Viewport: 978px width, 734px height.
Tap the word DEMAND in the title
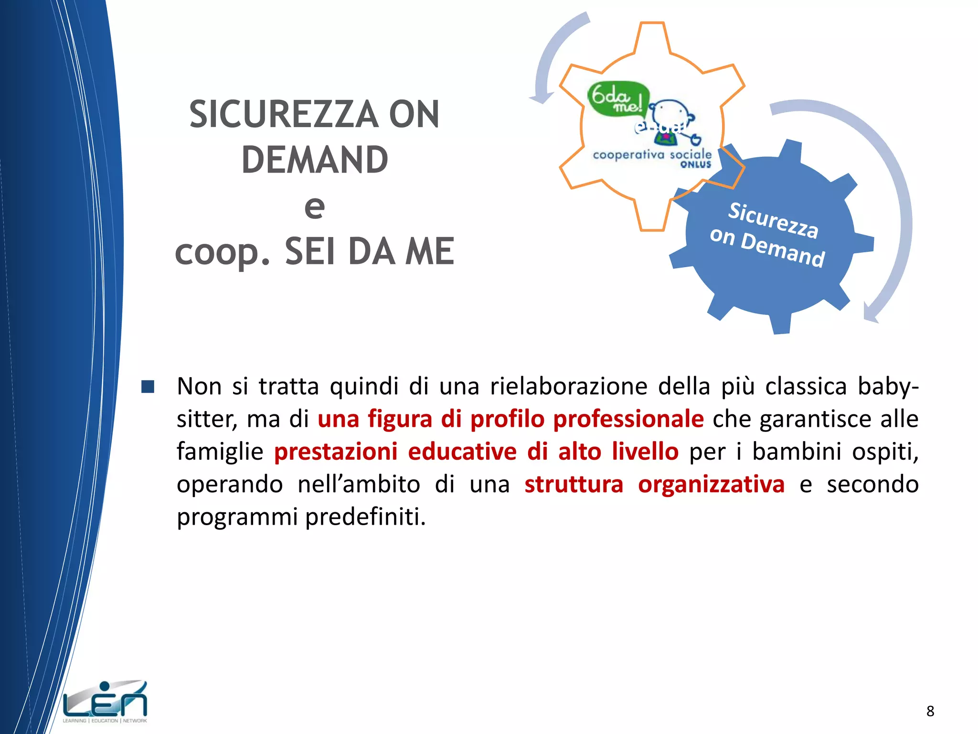pyautogui.click(x=315, y=160)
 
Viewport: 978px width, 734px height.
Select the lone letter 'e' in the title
pyautogui.click(x=314, y=206)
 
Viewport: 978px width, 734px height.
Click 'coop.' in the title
pyautogui.click(x=222, y=252)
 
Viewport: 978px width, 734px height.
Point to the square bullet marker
pyautogui.click(x=148, y=387)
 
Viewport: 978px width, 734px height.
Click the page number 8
pyautogui.click(x=930, y=711)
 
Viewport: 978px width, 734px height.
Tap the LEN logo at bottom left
pyautogui.click(x=105, y=702)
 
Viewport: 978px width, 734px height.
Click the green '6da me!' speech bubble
pyautogui.click(x=617, y=98)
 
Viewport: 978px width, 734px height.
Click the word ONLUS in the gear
pyautogui.click(x=696, y=165)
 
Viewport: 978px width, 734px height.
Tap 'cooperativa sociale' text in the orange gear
pyautogui.click(x=652, y=155)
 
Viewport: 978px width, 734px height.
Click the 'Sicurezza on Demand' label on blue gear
pyautogui.click(x=769, y=234)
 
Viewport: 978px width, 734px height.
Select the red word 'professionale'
pyautogui.click(x=628, y=419)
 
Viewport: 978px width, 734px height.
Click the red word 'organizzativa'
pyautogui.click(x=711, y=484)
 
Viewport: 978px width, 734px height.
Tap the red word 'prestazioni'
pyautogui.click(x=336, y=452)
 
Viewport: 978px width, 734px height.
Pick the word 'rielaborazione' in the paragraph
pyautogui.click(x=568, y=386)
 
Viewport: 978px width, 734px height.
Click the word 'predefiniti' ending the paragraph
pyautogui.click(x=365, y=517)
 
